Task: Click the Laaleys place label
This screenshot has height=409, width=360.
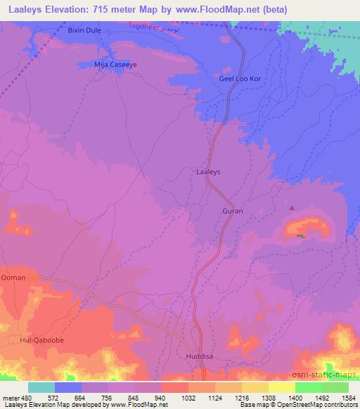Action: pos(208,171)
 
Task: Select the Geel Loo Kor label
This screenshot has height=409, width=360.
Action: pos(240,79)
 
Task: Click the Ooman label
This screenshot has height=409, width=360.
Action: pos(13,278)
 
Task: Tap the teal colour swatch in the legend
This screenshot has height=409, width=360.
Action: pos(41,387)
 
